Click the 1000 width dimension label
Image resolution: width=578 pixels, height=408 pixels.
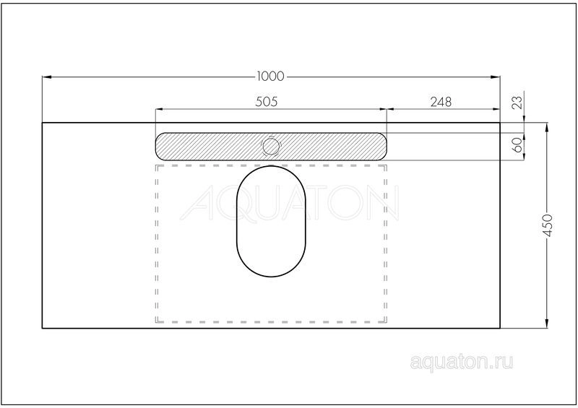270,77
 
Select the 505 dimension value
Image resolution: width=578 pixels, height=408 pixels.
266,101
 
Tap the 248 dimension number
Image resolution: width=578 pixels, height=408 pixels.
441,101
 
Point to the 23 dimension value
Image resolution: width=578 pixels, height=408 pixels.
517,102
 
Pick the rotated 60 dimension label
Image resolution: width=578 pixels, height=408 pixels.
517,144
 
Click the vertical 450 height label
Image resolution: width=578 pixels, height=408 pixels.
548,225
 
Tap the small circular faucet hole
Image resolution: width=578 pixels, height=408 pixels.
271,147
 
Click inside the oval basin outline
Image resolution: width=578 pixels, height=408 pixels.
271,221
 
